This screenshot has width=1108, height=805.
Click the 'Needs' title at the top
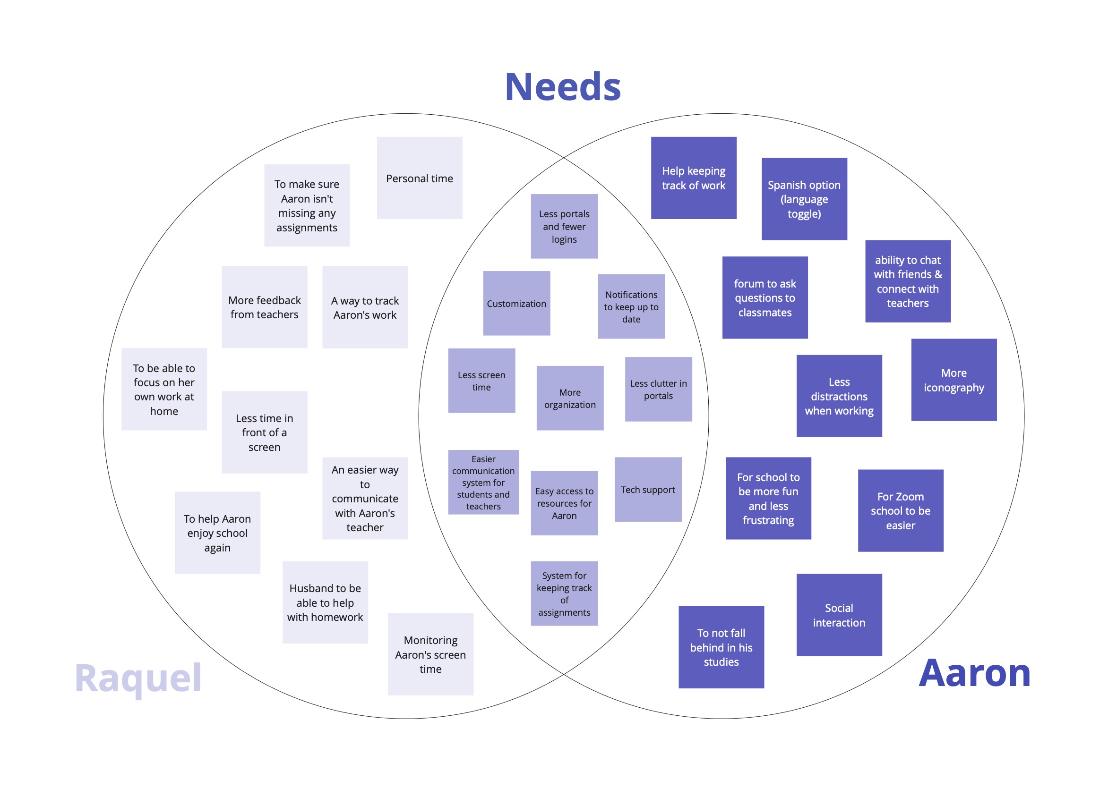pyautogui.click(x=562, y=87)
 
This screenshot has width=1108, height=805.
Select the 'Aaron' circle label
pyautogui.click(x=974, y=673)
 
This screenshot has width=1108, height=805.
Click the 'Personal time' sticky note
pyautogui.click(x=419, y=178)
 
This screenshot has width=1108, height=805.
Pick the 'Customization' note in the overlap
pyautogui.click(x=516, y=303)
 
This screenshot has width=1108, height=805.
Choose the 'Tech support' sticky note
pyautogui.click(x=648, y=489)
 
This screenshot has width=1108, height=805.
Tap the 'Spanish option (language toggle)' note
pyautogui.click(x=804, y=199)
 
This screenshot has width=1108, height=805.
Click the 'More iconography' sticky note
pyautogui.click(x=953, y=380)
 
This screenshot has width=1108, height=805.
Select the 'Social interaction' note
pyautogui.click(x=839, y=615)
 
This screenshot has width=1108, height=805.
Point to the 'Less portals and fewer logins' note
pyautogui.click(x=564, y=227)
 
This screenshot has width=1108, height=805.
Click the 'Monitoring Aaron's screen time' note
pyautogui.click(x=430, y=654)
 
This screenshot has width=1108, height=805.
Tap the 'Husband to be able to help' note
pyautogui.click(x=325, y=602)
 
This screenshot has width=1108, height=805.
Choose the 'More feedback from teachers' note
pyautogui.click(x=264, y=307)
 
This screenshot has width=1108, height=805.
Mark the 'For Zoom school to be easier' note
pyautogui.click(x=901, y=511)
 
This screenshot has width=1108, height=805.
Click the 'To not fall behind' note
pyautogui.click(x=721, y=647)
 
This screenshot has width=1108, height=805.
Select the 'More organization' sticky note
pyautogui.click(x=570, y=398)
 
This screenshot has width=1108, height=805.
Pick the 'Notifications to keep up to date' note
pyautogui.click(x=631, y=306)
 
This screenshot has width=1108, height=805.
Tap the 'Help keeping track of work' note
pyautogui.click(x=693, y=178)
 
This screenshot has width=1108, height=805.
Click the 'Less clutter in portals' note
pyautogui.click(x=658, y=389)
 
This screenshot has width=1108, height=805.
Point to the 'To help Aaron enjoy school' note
pyautogui.click(x=217, y=533)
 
